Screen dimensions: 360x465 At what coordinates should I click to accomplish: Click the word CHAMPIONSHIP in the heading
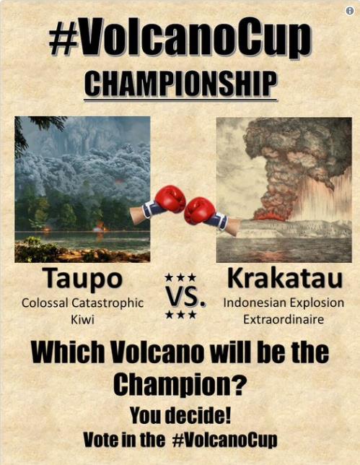180,84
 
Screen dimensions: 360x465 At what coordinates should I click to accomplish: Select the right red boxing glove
199,210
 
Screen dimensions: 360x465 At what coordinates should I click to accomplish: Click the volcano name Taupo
84,279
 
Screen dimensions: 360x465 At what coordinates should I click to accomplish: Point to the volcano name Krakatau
285,278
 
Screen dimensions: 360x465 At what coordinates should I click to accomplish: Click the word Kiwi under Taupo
82,320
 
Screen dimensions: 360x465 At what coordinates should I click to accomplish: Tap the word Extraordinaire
284,320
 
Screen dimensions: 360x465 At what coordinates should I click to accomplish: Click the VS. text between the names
185,296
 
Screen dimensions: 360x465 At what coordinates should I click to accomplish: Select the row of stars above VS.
181,277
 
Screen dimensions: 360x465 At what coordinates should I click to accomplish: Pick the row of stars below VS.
181,314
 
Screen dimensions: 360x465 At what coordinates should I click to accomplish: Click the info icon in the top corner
350,11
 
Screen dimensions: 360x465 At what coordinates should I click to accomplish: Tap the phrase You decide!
180,416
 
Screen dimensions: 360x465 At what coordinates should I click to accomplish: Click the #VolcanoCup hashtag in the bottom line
224,440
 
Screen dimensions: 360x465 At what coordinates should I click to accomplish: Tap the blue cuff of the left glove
151,209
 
